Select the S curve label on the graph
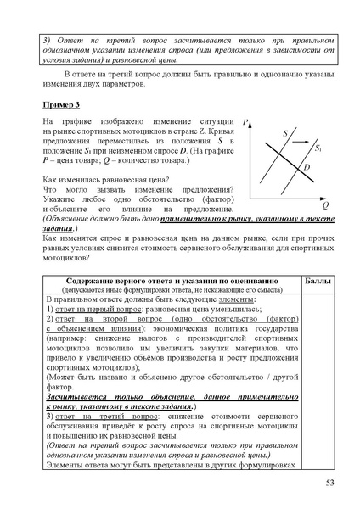pos(284,133)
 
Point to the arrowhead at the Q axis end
pos(326,196)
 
